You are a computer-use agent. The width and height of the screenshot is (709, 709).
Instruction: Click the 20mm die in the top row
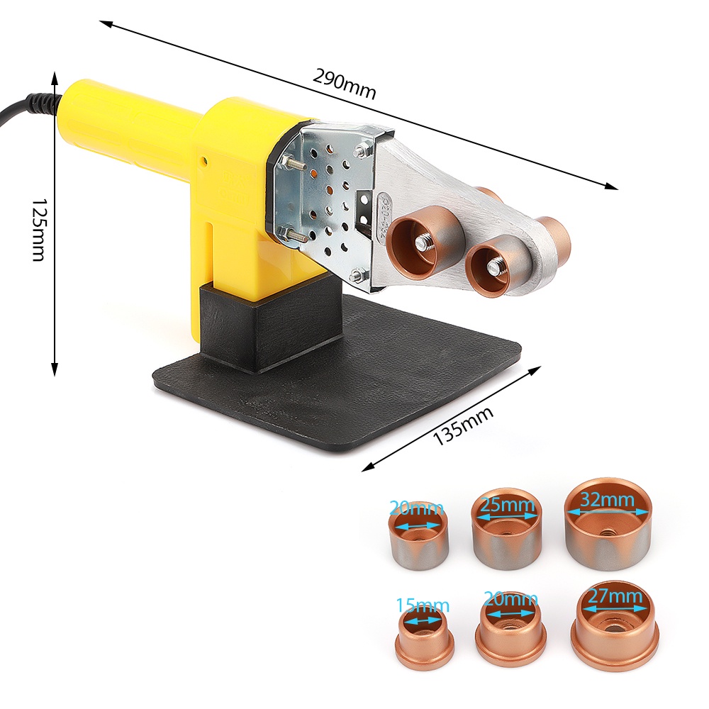point(418,535)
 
